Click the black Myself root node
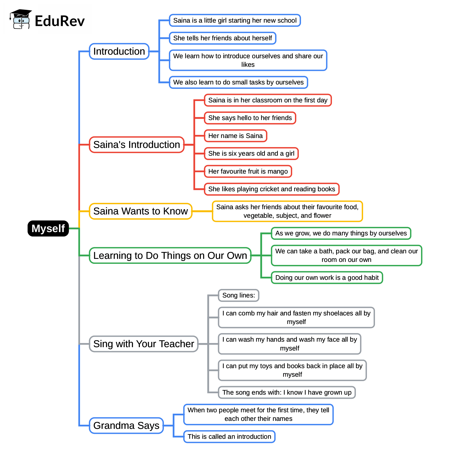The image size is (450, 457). pos(48,228)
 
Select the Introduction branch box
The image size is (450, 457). pos(119,51)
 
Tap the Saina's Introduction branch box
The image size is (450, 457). pos(137,145)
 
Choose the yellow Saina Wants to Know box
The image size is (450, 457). pos(140,211)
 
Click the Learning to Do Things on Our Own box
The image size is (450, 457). pos(170,256)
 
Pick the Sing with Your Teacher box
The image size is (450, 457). pos(143,344)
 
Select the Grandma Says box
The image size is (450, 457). pos(126,426)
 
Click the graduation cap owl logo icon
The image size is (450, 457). pos(21,19)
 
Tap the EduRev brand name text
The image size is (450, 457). pos(60,21)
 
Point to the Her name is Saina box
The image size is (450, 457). pos(235,136)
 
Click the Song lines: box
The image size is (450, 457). pos(238,295)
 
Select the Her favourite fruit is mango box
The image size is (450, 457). pos(248,171)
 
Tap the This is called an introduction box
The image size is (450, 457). pos(229,437)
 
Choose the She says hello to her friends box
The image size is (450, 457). pos(250,118)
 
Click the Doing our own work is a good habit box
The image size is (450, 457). pos(327,278)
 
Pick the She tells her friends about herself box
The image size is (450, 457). pos(222,38)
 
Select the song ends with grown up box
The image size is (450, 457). pos(287,392)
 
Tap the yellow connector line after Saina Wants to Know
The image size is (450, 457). pos(202,211)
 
